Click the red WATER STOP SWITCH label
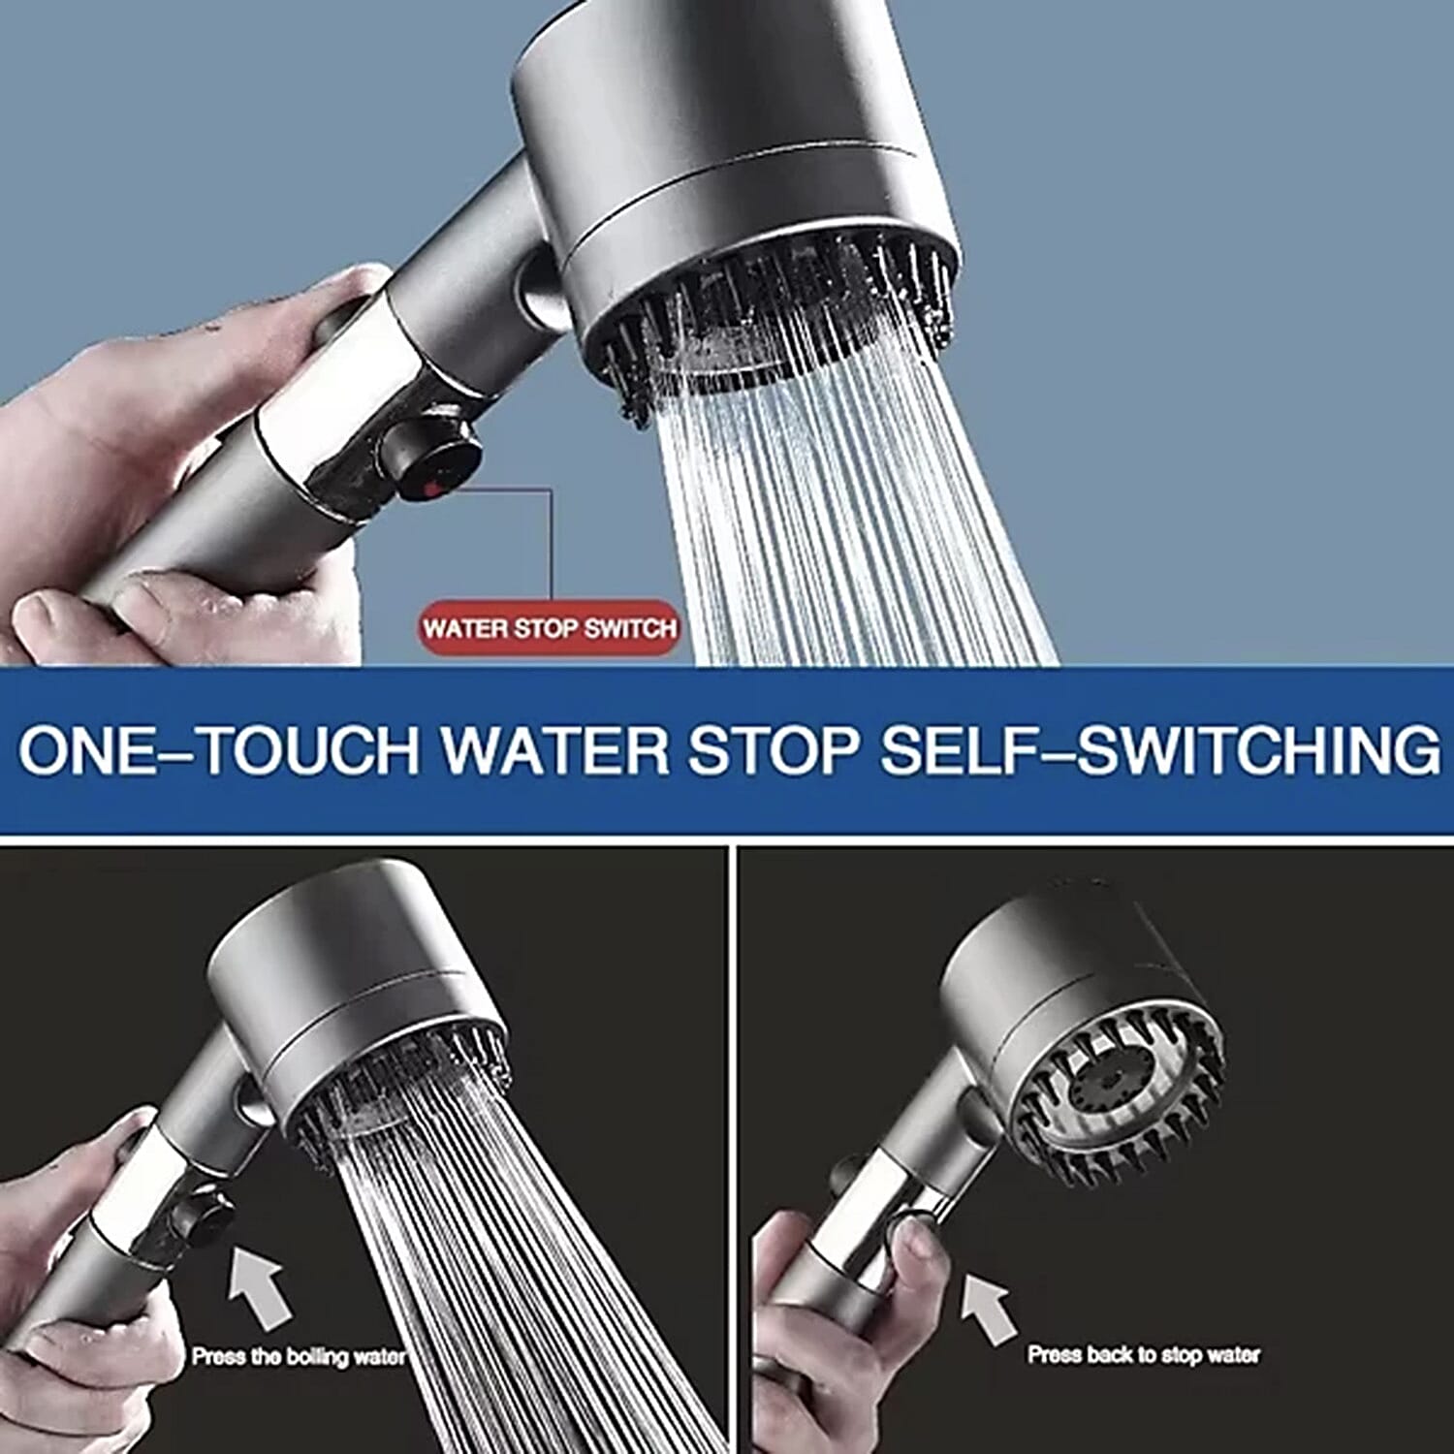[550, 628]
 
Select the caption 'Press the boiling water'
[298, 1356]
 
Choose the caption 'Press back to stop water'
[1144, 1354]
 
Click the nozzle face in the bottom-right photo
[1115, 1095]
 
